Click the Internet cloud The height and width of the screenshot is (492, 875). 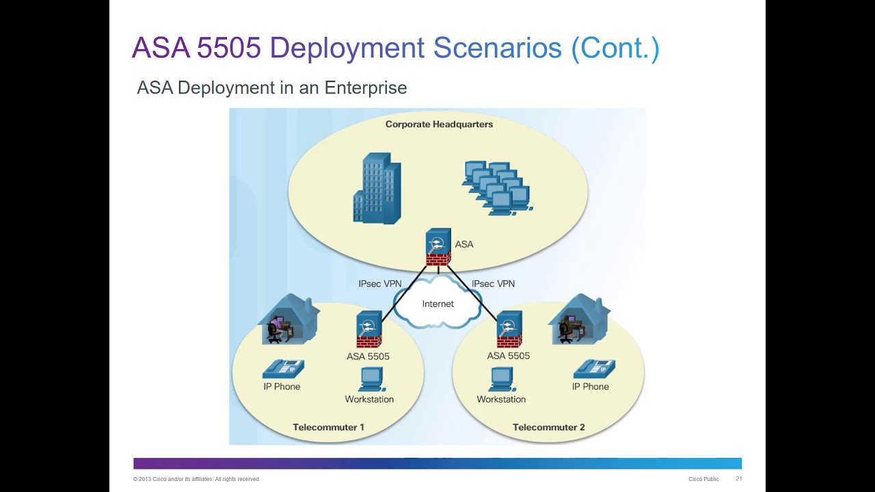(437, 303)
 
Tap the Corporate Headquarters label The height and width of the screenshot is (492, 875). (439, 124)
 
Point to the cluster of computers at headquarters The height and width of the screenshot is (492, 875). (498, 188)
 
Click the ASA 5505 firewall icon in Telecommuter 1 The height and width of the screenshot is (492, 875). (368, 329)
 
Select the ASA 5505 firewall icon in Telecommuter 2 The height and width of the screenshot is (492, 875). (509, 329)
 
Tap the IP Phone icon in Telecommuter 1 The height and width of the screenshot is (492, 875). (282, 369)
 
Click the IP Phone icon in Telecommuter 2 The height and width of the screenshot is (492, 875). (593, 369)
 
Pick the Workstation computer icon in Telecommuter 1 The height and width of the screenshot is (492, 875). (371, 379)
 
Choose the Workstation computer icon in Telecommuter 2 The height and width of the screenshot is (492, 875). (501, 379)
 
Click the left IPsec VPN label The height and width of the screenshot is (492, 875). (379, 284)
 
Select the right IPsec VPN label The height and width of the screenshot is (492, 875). (493, 284)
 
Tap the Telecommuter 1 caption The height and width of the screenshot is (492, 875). (328, 427)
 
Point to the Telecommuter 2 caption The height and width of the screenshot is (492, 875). (548, 427)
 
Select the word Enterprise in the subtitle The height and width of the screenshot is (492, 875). (366, 87)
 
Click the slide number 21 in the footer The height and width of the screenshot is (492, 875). (738, 479)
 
